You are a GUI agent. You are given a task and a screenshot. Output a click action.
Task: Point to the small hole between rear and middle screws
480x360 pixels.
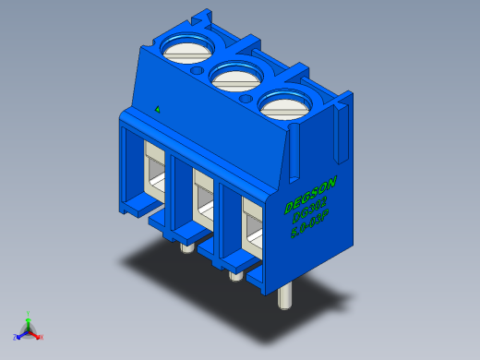coord(197,69)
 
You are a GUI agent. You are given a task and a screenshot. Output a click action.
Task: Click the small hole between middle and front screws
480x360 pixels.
coord(246,97)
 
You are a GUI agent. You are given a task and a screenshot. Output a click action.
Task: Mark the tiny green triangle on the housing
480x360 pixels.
coord(159,109)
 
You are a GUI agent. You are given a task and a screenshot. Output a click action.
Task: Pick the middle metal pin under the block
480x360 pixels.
coord(234,274)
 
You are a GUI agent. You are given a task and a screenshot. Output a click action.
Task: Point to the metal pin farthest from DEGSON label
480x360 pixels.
coord(186,246)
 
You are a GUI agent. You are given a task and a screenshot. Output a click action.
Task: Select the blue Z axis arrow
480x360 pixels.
coord(20,334)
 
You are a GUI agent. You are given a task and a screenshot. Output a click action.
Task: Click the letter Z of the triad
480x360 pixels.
coord(15,338)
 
